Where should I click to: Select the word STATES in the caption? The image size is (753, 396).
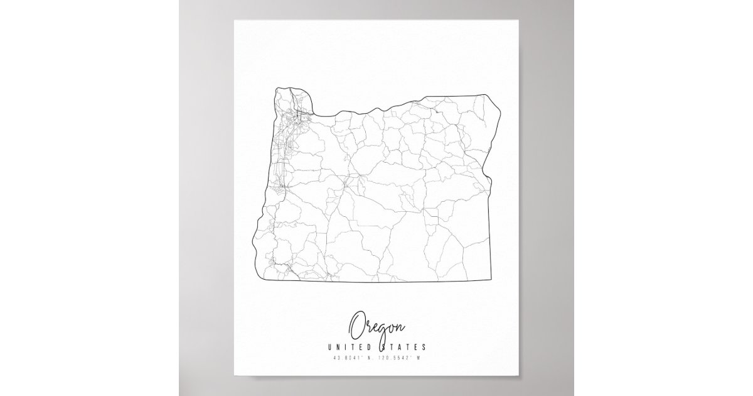pos(403,347)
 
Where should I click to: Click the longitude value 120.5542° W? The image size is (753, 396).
pos(402,359)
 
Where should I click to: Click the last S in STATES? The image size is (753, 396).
pos(425,347)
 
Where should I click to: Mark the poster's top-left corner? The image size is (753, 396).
pos(235,19)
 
